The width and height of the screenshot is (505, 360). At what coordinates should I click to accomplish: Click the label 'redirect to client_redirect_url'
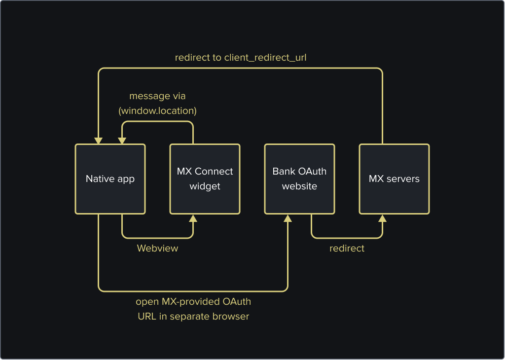(x=241, y=58)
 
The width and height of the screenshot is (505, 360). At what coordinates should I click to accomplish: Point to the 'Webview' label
(x=157, y=248)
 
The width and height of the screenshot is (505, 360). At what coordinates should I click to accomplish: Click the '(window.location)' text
(x=157, y=111)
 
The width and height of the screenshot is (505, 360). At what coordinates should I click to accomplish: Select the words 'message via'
(x=157, y=96)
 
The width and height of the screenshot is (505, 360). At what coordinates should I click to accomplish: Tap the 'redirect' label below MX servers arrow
(x=347, y=248)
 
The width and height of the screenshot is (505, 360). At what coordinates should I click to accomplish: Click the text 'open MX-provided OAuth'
(x=193, y=301)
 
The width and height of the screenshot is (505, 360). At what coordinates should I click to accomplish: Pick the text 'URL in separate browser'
(x=193, y=316)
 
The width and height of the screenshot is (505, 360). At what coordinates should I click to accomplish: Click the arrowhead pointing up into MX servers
(x=382, y=218)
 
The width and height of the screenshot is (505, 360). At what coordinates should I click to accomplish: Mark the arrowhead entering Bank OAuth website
(x=288, y=218)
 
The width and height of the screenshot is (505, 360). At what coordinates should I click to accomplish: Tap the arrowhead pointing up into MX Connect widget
(x=193, y=218)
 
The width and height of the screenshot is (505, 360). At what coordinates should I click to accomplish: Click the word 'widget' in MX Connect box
(x=205, y=186)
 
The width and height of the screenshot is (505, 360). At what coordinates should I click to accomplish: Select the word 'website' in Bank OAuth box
(x=299, y=186)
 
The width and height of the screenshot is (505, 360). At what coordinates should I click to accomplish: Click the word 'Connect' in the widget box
(x=214, y=172)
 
